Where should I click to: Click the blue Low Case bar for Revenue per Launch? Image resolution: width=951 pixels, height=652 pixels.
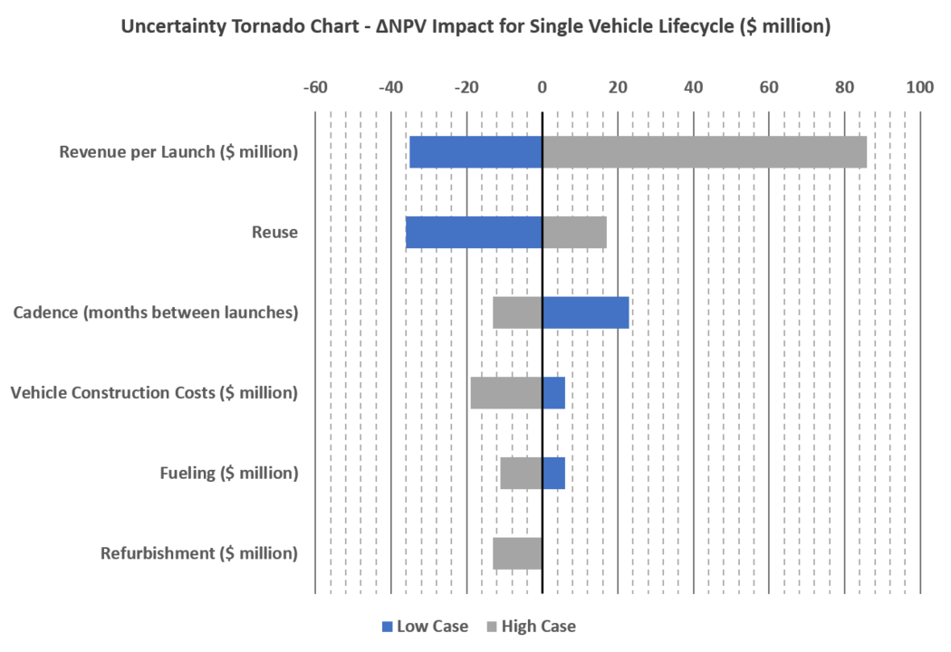475,152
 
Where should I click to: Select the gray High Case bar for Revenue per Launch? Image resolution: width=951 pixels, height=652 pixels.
705,152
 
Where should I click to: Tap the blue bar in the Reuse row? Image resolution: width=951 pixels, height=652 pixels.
473,232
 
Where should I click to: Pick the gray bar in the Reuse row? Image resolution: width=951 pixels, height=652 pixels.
575,232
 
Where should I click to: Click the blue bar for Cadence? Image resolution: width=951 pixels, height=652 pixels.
586,312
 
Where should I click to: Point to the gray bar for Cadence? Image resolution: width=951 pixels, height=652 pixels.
516,312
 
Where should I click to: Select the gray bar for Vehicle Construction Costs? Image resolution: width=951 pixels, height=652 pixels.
504,393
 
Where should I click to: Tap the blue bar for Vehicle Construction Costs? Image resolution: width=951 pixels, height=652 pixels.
555,393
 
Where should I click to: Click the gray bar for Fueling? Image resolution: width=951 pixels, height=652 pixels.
520,473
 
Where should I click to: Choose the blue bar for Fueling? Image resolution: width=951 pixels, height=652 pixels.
555,473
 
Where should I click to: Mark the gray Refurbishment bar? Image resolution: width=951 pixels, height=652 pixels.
516,553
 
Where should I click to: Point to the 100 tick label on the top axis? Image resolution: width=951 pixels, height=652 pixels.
920,86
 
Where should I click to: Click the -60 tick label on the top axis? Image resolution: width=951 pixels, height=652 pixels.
314,86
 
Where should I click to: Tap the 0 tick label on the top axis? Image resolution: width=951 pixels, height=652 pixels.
542,86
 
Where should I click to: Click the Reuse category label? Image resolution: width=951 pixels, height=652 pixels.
274,232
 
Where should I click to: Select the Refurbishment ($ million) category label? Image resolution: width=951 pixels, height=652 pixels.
198,553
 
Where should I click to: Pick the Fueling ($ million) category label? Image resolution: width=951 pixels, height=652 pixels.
228,473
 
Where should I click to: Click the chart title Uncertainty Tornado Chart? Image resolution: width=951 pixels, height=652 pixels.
475,27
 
